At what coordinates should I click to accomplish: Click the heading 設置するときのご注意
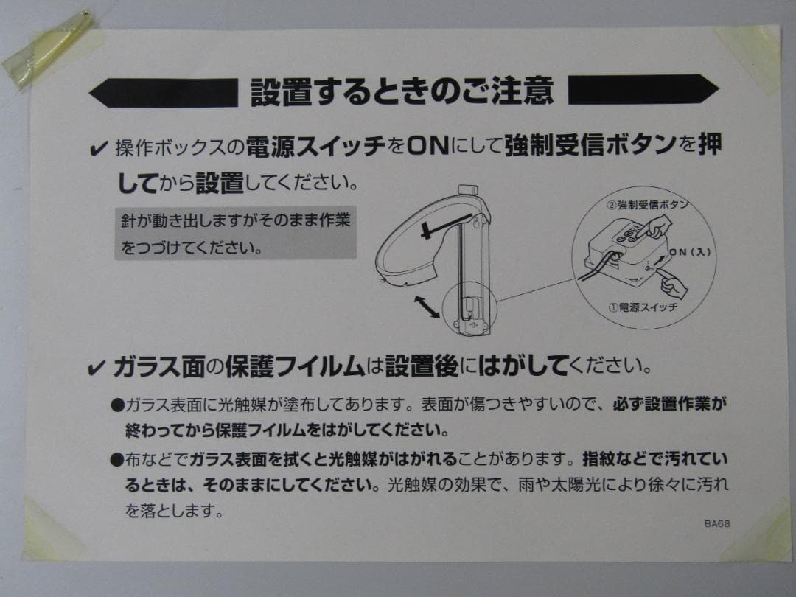(402, 91)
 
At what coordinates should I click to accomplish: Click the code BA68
(716, 524)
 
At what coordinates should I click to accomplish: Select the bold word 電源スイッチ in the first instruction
(315, 147)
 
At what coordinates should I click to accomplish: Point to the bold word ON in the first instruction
(427, 147)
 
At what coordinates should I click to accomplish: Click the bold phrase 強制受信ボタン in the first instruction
(590, 146)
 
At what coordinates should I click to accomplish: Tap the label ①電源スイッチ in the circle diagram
(643, 307)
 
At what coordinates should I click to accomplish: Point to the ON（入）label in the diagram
(689, 252)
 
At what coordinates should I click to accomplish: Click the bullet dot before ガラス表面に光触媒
(116, 405)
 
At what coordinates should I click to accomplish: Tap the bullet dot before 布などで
(116, 461)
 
